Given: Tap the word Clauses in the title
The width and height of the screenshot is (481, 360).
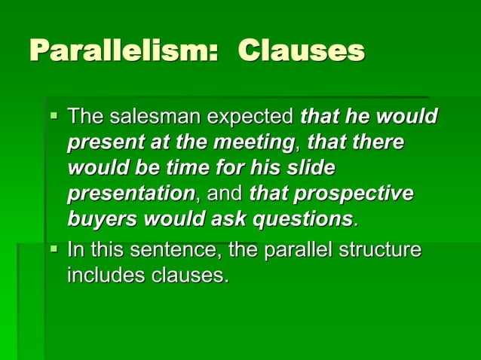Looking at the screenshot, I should (x=302, y=51).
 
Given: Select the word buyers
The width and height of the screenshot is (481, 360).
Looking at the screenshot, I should (x=97, y=219).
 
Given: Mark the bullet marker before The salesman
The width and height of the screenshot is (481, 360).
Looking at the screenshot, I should (x=54, y=117).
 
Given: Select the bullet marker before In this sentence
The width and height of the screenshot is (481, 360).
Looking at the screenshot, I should (x=54, y=249).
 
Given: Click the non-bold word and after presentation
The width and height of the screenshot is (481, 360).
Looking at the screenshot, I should (x=225, y=194).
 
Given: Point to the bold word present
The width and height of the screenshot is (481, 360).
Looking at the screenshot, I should (x=99, y=142).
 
